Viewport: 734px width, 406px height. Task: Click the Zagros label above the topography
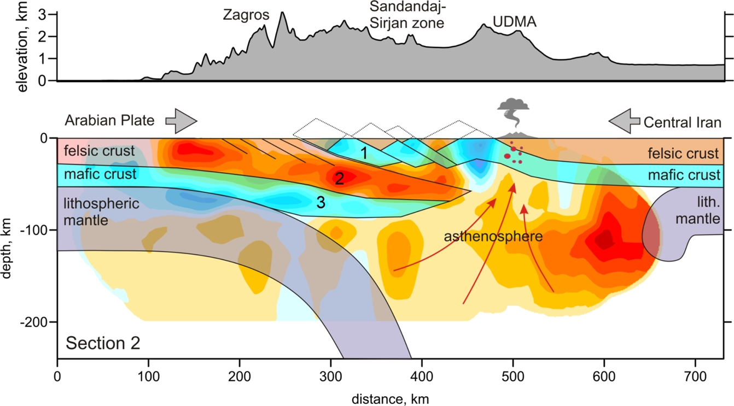[246, 15]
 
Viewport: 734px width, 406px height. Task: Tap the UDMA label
[514, 22]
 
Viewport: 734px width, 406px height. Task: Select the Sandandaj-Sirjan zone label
[406, 15]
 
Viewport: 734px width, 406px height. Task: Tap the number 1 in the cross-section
[364, 154]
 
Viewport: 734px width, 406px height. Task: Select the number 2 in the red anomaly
[339, 179]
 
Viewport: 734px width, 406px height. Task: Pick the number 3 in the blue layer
[321, 203]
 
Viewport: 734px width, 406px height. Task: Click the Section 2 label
[103, 343]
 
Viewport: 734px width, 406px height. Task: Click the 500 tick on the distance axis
[512, 378]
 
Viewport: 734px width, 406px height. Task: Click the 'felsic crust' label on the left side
[100, 150]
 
